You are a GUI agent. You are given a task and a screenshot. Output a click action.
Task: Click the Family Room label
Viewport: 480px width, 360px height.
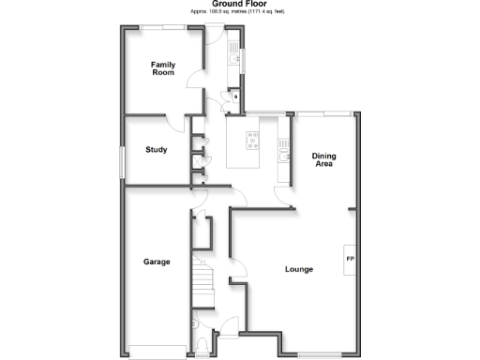tap(164, 67)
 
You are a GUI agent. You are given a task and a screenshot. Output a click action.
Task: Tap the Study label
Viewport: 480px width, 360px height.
tap(157, 150)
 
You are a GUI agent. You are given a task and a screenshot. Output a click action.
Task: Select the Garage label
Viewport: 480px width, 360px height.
tap(157, 262)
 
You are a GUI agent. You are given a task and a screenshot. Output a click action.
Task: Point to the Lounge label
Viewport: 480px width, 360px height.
tap(299, 270)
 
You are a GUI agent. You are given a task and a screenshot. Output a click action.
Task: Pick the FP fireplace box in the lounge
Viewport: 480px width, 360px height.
tap(350, 259)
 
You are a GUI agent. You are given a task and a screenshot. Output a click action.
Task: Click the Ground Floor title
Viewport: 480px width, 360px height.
tap(239, 5)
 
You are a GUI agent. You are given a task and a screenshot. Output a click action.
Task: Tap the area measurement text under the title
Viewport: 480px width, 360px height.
tap(239, 13)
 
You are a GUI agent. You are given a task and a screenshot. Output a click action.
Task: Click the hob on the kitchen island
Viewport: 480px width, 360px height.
tap(252, 141)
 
